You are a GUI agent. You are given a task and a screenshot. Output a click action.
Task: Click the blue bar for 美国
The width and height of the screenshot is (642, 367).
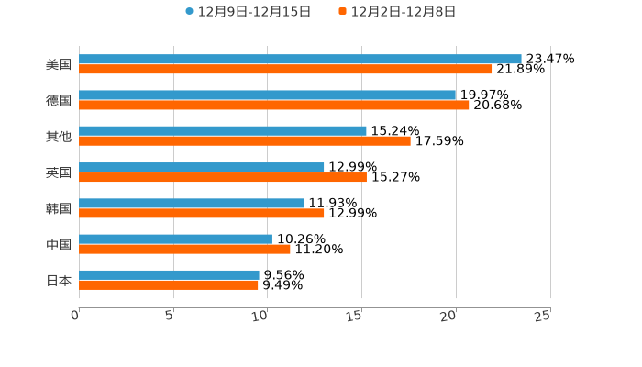click(300, 59)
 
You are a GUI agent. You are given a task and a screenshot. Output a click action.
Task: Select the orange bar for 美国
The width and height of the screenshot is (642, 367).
click(285, 69)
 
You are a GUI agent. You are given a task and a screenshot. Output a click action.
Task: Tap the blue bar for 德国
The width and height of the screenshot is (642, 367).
click(267, 95)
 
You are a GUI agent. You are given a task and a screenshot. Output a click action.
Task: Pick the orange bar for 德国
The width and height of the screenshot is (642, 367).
click(274, 105)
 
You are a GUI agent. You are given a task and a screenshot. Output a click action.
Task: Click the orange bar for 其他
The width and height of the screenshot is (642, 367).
click(245, 140)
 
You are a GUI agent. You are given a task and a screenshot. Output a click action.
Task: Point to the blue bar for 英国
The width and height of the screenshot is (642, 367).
click(202, 167)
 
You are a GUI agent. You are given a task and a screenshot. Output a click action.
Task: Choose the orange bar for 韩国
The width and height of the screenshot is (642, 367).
click(202, 213)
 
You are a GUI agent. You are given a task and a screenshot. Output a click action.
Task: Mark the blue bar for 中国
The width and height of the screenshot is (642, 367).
click(175, 239)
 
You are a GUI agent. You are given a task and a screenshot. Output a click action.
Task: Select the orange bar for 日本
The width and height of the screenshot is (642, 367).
click(169, 284)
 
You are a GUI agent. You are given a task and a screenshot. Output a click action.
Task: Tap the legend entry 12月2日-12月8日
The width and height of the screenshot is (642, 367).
click(403, 12)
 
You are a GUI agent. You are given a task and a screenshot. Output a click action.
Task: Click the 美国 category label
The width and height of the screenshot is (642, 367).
click(59, 64)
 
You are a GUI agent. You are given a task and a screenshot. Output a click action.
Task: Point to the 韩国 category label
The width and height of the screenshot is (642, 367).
click(59, 208)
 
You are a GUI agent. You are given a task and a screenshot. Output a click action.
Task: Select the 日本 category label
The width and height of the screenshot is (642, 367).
click(59, 280)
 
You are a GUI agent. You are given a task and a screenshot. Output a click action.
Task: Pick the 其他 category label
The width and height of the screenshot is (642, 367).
click(59, 136)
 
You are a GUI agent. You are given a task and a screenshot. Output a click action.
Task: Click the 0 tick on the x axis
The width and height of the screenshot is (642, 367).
click(76, 316)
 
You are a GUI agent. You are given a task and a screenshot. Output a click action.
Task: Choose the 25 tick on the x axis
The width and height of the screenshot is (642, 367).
click(543, 316)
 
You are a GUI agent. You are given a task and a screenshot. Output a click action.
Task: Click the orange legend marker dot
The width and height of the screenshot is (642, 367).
click(342, 12)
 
